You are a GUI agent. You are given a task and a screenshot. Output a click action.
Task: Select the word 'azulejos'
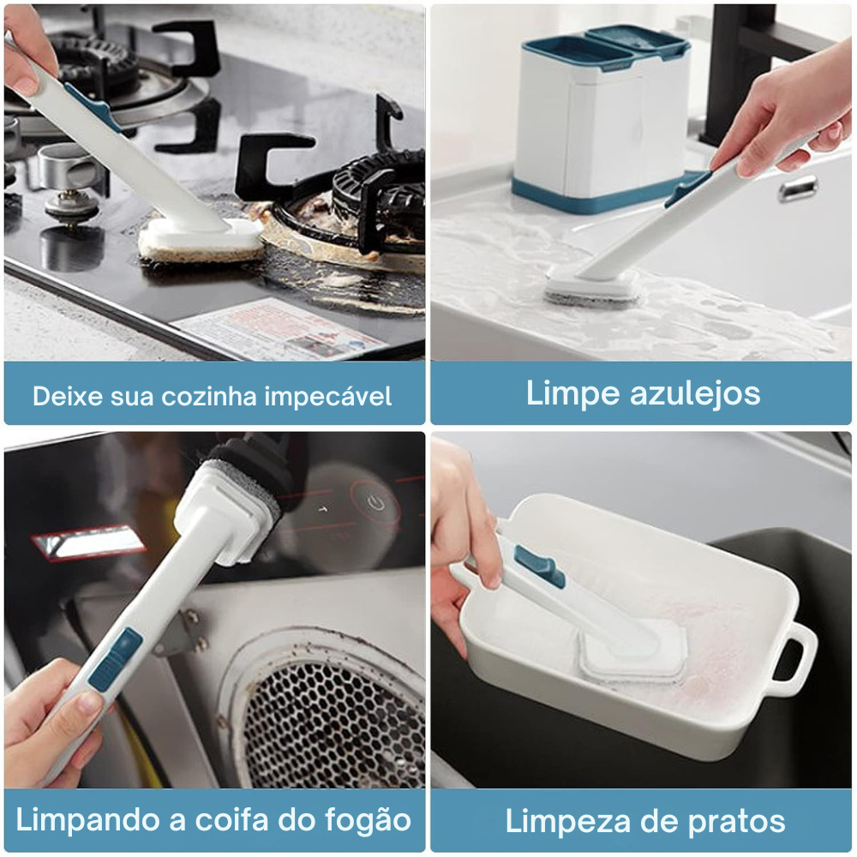point(695,393)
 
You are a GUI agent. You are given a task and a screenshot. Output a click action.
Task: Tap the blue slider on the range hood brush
point(115,658)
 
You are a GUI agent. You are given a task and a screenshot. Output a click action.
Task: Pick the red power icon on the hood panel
point(375,502)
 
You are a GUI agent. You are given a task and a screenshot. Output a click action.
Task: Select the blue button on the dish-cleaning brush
point(539,566)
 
